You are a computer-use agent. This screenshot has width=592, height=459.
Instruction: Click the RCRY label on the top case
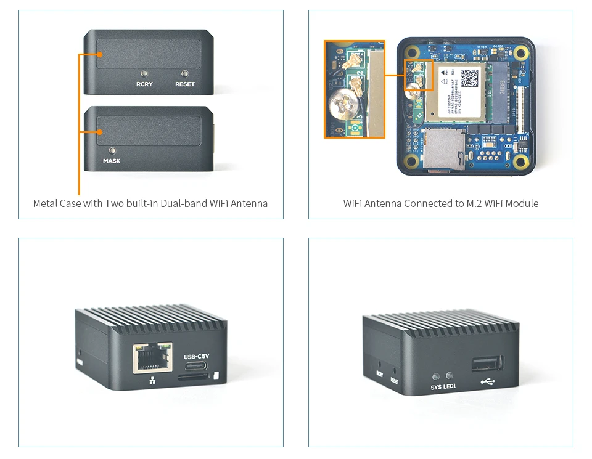tap(144, 84)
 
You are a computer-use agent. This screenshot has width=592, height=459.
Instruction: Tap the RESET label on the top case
tap(185, 84)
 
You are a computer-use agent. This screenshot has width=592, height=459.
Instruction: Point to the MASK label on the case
tap(112, 161)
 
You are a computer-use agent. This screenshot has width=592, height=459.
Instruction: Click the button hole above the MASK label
tap(112, 150)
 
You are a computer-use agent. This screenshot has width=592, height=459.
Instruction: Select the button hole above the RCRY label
tap(144, 73)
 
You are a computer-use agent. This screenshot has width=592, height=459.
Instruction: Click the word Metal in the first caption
tap(46, 203)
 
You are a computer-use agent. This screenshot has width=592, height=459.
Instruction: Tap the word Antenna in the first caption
tap(249, 203)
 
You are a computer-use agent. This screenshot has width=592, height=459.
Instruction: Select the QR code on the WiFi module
tap(470, 78)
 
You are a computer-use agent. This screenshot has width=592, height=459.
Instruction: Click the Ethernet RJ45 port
tap(152, 358)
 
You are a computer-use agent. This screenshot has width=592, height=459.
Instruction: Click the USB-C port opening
tap(196, 375)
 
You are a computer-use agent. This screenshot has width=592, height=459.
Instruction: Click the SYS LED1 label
tap(444, 388)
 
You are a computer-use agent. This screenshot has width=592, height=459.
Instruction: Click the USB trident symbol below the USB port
tap(487, 382)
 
